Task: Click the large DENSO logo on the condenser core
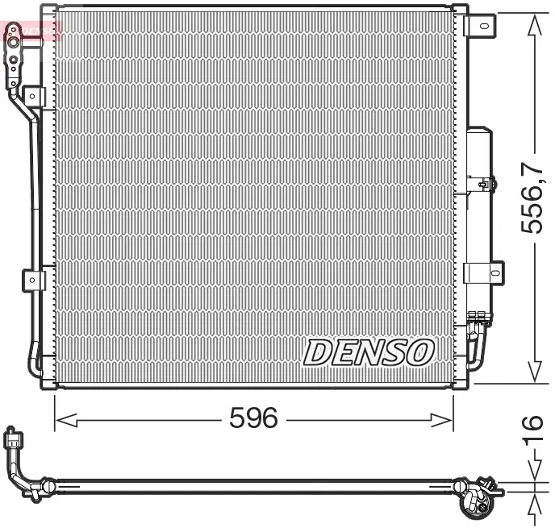pos(368,352)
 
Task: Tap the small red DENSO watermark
pos(32,31)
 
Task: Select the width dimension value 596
pos(253,418)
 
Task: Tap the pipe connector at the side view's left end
pos(12,440)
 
